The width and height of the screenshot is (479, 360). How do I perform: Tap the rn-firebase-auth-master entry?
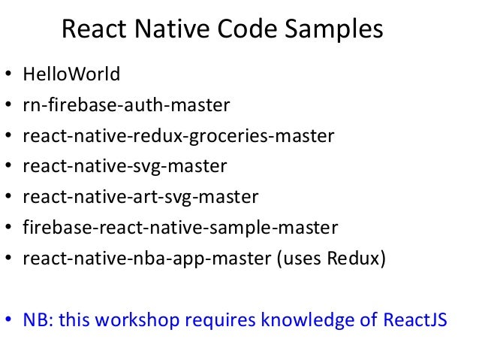tap(125, 105)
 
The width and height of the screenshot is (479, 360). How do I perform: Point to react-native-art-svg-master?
tap(141, 197)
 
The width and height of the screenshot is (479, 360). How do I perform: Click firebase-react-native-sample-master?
tap(181, 227)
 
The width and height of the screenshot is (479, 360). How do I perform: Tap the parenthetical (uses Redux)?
tap(331, 258)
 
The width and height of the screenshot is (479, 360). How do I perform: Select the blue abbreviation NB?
tap(38, 320)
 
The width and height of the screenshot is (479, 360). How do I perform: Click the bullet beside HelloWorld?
tap(8, 76)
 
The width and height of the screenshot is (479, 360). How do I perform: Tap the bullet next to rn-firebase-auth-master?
tap(8, 107)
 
